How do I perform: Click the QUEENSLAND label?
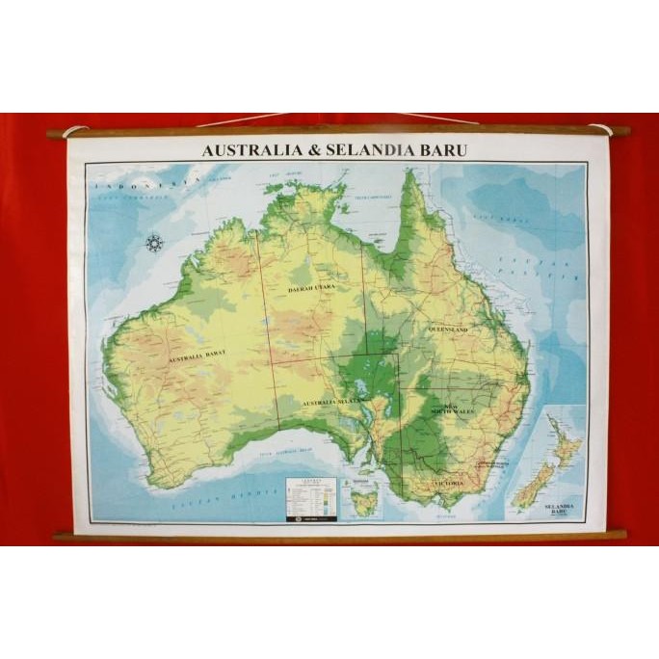(448, 329)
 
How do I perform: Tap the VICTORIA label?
(448, 482)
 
